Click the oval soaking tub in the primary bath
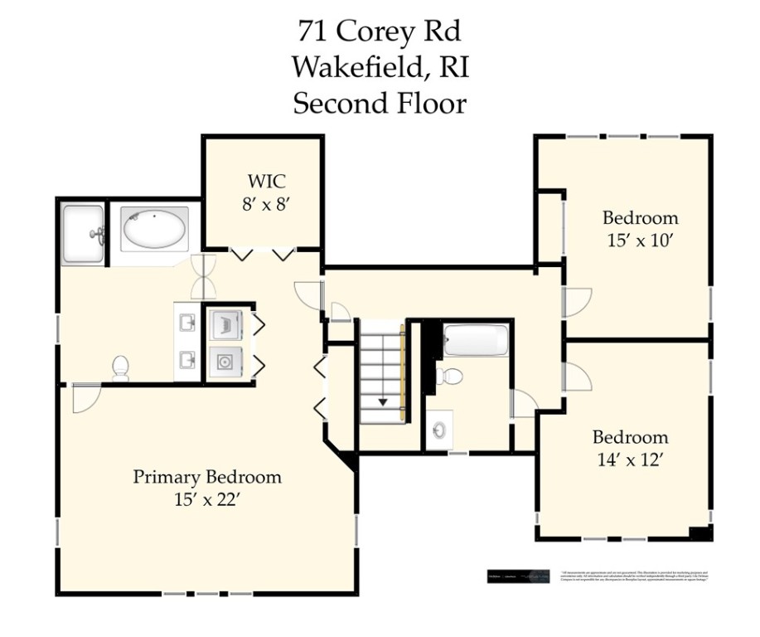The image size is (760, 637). [155, 229]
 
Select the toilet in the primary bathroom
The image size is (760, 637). [121, 367]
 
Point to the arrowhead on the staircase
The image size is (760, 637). [383, 402]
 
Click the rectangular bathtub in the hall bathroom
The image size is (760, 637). [476, 341]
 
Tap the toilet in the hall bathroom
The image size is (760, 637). [450, 376]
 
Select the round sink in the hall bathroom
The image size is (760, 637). [439, 430]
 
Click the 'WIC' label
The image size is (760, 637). [264, 182]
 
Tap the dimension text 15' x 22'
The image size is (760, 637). [207, 499]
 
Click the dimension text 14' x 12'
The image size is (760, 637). [629, 460]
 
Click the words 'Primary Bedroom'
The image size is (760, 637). [207, 477]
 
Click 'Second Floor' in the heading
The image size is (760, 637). [380, 104]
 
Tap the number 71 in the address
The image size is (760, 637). [312, 32]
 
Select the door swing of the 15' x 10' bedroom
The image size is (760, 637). [576, 302]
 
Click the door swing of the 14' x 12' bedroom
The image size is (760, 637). [576, 377]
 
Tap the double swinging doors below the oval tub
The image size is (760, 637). [203, 277]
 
